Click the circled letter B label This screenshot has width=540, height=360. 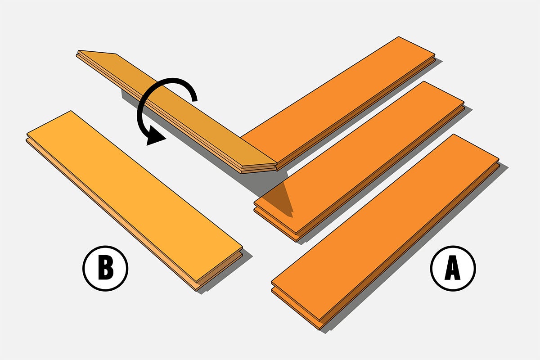105,268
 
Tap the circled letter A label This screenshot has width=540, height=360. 453,268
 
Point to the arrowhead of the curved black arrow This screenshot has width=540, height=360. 154,136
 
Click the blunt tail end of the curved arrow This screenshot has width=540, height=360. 194,99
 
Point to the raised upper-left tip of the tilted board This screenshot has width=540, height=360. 79,51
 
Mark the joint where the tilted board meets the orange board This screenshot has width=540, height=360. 277,164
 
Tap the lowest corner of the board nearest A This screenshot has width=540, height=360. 319,329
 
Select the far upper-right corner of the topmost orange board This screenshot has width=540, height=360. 435,54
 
